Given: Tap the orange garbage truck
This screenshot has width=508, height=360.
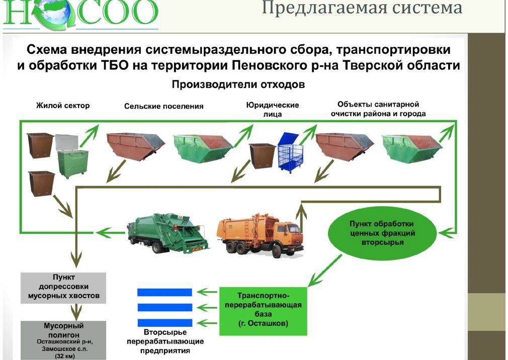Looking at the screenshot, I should [259, 234].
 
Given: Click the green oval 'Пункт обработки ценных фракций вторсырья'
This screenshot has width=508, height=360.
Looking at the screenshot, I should [382, 232].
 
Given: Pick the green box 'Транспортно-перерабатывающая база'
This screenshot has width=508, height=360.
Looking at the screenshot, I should [263, 310].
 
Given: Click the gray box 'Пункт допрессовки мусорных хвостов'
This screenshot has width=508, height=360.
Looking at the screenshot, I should [63, 288].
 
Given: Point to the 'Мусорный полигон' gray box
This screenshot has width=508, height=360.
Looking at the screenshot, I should [63, 340].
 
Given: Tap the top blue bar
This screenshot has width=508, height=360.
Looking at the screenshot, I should [164, 292].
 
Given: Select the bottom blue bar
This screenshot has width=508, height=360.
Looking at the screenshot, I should [164, 322].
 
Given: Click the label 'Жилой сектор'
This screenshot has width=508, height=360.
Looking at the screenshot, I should [63, 106].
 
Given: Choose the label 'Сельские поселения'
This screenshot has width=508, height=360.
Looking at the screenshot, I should [164, 106].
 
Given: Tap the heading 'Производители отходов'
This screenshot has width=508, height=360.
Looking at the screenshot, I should [238, 84].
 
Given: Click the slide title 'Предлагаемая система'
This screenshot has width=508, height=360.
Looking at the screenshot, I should [362, 8].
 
